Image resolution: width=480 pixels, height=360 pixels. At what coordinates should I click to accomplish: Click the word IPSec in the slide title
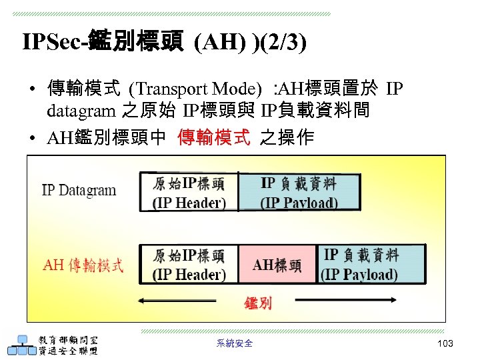pyautogui.click(x=47, y=43)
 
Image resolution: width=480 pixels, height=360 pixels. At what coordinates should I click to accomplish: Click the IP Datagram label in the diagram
pyautogui.click(x=79, y=190)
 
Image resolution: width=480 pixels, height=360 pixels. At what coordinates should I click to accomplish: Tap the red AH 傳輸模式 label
pyautogui.click(x=83, y=265)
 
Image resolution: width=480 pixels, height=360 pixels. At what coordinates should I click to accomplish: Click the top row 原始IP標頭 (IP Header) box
pyautogui.click(x=189, y=192)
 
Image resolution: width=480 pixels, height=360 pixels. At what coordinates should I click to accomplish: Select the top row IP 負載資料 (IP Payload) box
pyautogui.click(x=299, y=192)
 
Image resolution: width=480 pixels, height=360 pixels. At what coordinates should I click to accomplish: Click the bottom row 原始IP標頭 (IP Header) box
pyautogui.click(x=189, y=265)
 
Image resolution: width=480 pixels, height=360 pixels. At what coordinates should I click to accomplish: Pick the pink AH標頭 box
pyautogui.click(x=277, y=265)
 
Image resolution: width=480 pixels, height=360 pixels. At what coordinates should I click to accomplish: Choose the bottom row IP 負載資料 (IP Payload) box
pyautogui.click(x=361, y=265)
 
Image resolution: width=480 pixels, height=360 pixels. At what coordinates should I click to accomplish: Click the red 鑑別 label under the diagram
pyautogui.click(x=257, y=303)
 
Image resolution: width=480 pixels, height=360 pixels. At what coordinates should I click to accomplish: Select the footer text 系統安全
pyautogui.click(x=235, y=343)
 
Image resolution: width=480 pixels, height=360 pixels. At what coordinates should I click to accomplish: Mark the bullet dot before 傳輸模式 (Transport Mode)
pyautogui.click(x=31, y=89)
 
